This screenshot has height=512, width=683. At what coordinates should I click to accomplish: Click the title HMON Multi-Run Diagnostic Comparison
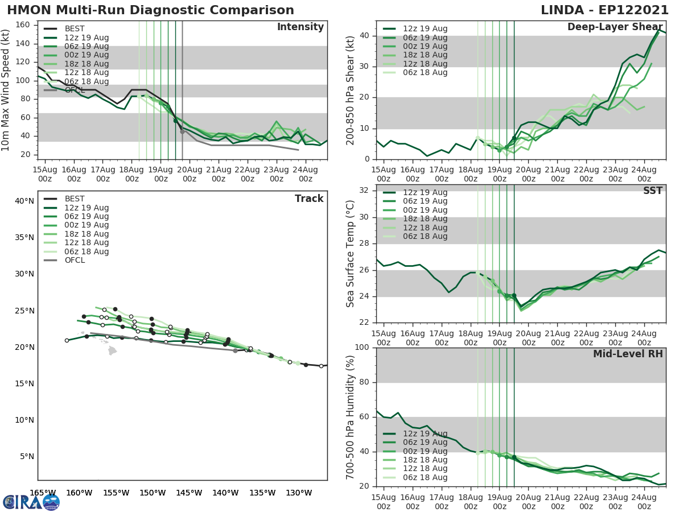coord(150,10)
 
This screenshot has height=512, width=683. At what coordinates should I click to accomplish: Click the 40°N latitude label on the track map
coord(23,201)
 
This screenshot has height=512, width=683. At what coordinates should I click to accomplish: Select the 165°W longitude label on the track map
coord(43,493)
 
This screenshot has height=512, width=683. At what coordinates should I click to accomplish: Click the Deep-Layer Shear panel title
coord(615,27)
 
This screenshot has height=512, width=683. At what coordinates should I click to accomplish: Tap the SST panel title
coord(653,191)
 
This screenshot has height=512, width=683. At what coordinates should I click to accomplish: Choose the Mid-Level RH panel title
coord(628,354)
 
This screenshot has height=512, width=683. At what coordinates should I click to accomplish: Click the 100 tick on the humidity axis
coord(360,348)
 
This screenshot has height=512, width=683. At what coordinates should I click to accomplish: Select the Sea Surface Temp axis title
coord(351,254)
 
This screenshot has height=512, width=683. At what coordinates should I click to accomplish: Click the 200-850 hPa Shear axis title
coord(351,90)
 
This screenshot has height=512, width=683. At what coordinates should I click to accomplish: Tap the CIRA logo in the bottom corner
coord(31,502)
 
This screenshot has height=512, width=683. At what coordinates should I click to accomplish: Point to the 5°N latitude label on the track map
coord(26,456)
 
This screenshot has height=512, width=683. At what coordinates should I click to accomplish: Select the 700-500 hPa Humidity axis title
coord(351,417)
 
